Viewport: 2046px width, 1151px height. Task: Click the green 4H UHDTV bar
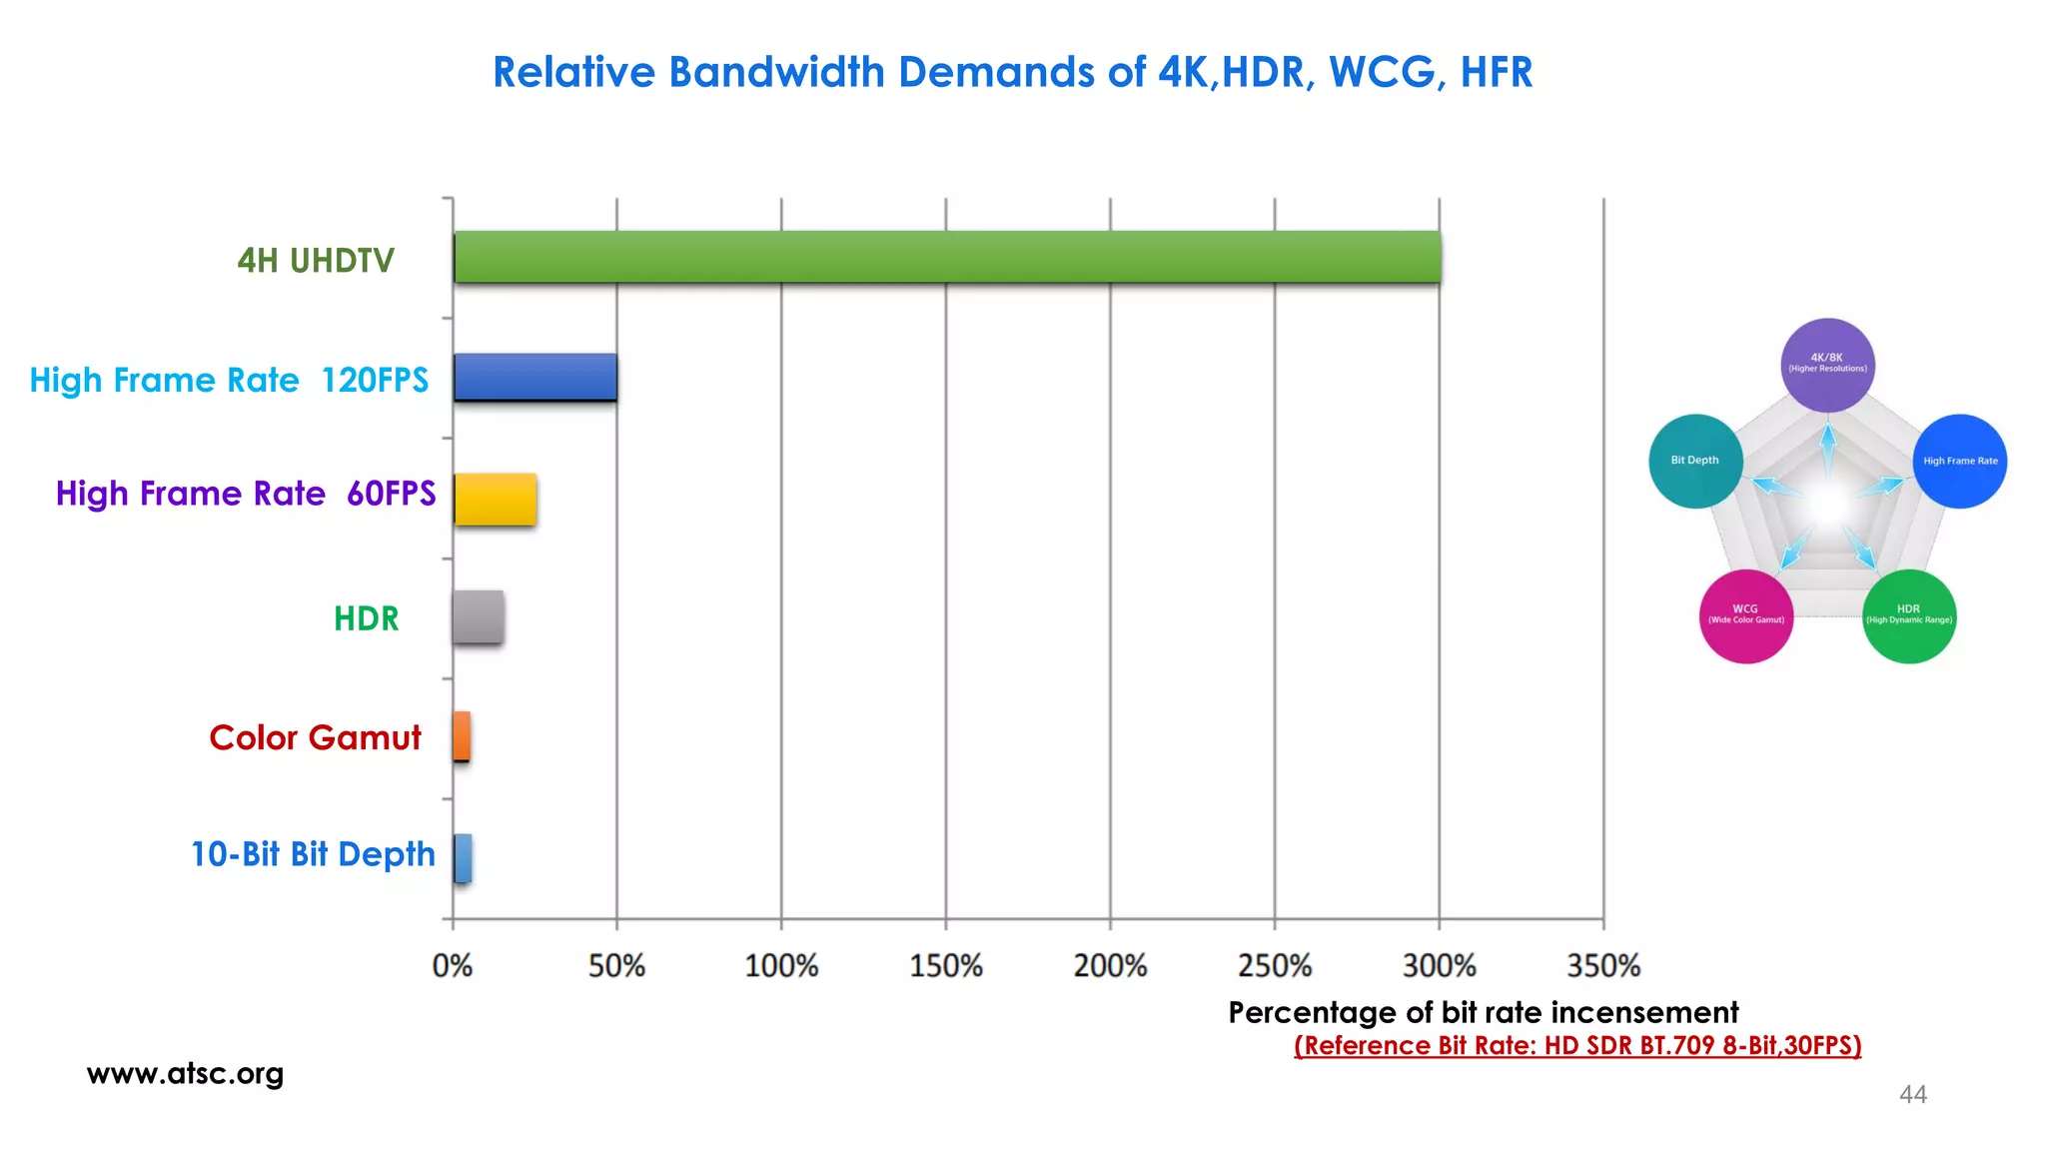point(947,258)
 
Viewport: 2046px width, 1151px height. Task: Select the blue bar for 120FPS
point(535,378)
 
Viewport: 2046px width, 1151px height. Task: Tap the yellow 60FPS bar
point(496,500)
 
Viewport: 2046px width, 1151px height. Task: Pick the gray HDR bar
point(479,617)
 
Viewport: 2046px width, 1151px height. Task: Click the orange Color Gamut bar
point(462,736)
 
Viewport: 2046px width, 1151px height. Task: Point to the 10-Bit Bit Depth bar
point(463,858)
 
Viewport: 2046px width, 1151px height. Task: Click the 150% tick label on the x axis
point(946,966)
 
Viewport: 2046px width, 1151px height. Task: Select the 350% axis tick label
point(1603,966)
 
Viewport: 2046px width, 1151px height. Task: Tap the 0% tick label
point(453,966)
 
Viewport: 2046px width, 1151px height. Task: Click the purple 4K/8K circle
point(1827,365)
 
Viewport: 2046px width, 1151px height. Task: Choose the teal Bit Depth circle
point(1695,461)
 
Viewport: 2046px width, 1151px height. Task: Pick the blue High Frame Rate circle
point(1960,461)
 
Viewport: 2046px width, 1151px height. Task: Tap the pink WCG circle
point(1745,615)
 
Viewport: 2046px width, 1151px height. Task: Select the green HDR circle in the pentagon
point(1908,615)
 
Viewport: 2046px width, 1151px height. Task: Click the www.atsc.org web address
point(186,1074)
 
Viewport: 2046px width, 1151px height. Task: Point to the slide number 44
point(1912,1095)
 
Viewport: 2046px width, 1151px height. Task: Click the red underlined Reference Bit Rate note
point(1577,1046)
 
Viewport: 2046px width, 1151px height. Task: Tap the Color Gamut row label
point(315,738)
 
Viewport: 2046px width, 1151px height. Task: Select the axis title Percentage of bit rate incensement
point(1483,1013)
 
